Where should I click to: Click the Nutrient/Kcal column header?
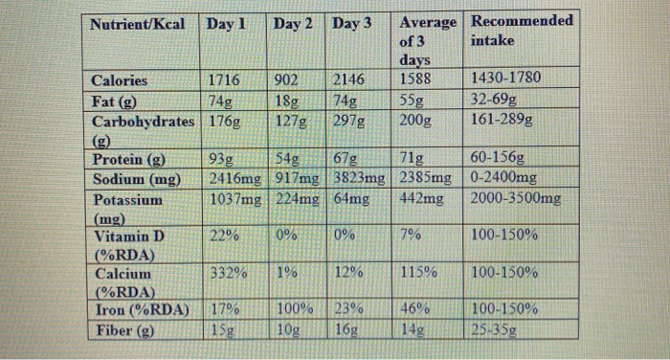(x=138, y=22)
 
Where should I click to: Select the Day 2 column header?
(x=293, y=22)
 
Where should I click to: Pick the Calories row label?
(x=120, y=81)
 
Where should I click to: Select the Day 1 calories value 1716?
(x=224, y=81)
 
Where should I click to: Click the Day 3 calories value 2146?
(x=351, y=81)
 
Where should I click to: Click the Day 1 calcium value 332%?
(x=224, y=273)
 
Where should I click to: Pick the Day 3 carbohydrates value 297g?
(x=351, y=122)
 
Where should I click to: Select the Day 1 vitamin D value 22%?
(x=224, y=235)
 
